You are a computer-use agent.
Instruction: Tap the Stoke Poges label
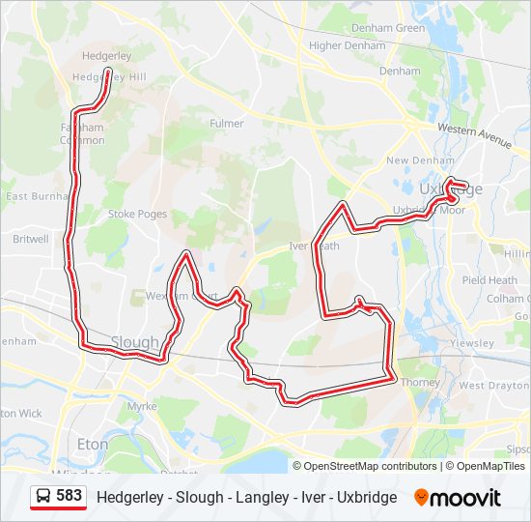(137, 214)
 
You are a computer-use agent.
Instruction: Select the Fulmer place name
(226, 124)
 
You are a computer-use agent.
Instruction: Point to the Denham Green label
(388, 28)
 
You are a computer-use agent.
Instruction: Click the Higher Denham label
(346, 45)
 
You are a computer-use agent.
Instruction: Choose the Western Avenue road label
(473, 134)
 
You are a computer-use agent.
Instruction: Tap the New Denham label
(412, 160)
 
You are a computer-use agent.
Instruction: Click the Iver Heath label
(315, 246)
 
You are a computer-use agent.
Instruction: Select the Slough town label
(134, 342)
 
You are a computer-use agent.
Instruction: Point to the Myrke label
(141, 406)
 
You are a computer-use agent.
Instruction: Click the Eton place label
(93, 444)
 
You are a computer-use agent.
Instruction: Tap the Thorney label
(420, 382)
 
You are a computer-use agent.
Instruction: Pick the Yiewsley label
(472, 343)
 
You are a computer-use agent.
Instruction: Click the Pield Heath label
(489, 280)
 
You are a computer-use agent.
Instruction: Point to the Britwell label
(31, 239)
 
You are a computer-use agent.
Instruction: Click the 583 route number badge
(69, 496)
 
